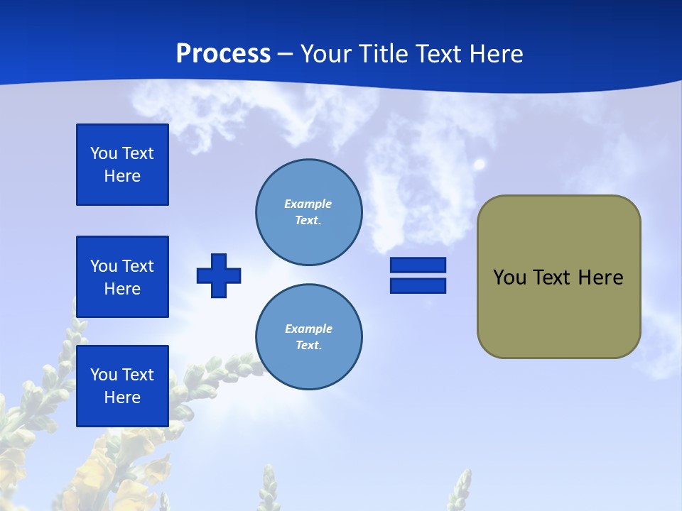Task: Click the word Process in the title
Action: [x=223, y=54]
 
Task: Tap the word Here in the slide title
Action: [x=495, y=54]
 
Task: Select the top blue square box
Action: [x=122, y=165]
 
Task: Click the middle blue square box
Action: [x=122, y=277]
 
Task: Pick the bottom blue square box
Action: [x=122, y=386]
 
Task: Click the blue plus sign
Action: [x=219, y=275]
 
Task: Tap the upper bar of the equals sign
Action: [x=418, y=265]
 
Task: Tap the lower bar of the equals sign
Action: [x=418, y=285]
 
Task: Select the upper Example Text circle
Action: [x=308, y=212]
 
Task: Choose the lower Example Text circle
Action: [x=308, y=337]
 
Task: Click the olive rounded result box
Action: [x=558, y=277]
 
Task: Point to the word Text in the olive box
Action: [x=553, y=278]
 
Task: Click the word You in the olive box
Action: [x=509, y=278]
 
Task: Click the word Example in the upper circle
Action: [x=308, y=204]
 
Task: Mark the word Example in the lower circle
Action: [x=308, y=329]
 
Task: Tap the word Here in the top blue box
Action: [x=122, y=176]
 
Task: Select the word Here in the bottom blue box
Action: [x=122, y=397]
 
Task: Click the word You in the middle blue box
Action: [x=104, y=266]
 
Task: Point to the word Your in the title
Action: [x=326, y=54]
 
